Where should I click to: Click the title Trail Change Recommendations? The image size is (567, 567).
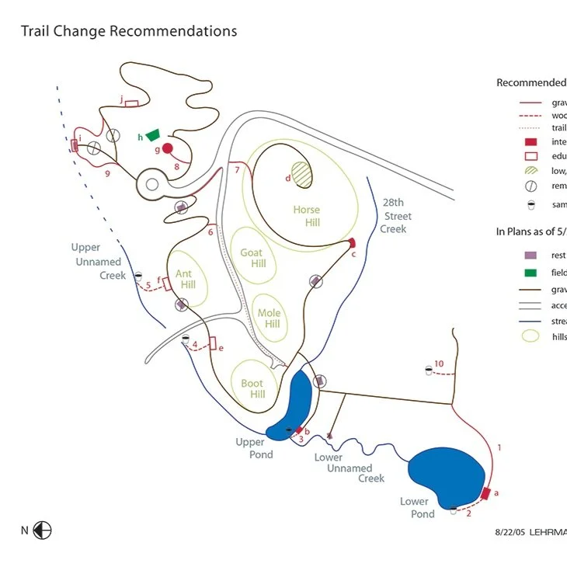point(128,32)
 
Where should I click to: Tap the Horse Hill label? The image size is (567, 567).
point(306,216)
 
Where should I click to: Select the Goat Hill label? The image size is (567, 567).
point(252,258)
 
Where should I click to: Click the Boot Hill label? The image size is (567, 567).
point(252,388)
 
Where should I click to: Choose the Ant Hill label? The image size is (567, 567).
point(184,279)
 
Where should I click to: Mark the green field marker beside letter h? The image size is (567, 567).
point(152,134)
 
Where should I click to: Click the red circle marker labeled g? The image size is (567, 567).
point(167,148)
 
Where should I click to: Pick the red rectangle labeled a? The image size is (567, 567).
point(486,493)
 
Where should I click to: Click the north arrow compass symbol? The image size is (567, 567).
point(43,530)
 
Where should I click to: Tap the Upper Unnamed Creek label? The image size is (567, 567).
point(99,261)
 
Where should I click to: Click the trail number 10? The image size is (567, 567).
point(439,364)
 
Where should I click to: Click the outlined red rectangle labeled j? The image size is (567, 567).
point(131,103)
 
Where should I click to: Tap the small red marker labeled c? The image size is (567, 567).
point(352,243)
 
